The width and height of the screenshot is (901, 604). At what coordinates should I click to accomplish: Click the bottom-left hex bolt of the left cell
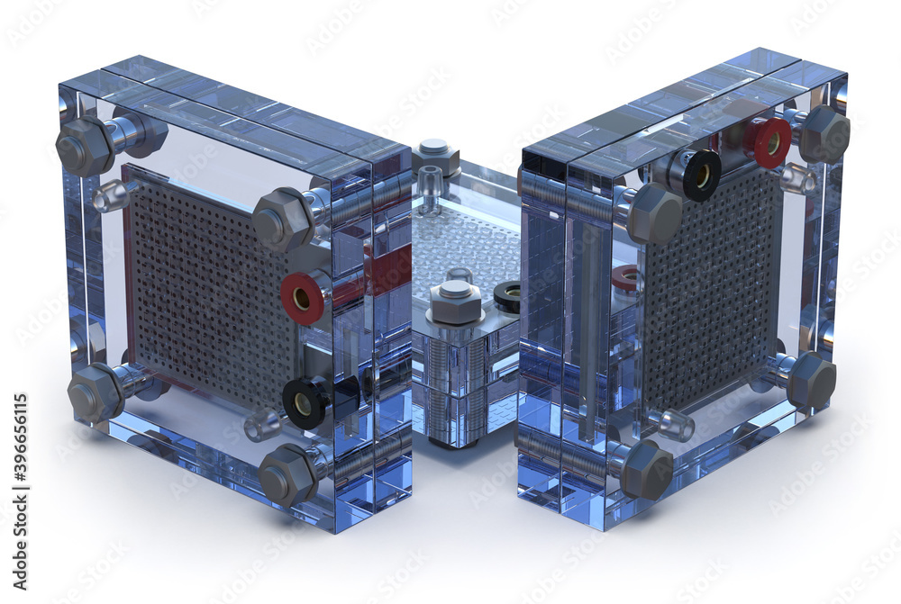point(93,394)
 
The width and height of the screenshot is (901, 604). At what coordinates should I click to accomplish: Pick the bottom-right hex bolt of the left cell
point(287,475)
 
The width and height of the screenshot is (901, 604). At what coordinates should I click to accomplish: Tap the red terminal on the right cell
point(769,141)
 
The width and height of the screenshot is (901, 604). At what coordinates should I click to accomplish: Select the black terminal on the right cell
point(700,175)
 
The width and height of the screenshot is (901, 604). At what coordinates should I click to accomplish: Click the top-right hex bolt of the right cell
point(824,133)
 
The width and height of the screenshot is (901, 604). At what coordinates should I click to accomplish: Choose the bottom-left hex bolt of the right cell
point(644,469)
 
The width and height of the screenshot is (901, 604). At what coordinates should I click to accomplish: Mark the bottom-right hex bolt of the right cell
point(811,381)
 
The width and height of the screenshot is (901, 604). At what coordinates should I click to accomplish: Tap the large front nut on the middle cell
point(455,301)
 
